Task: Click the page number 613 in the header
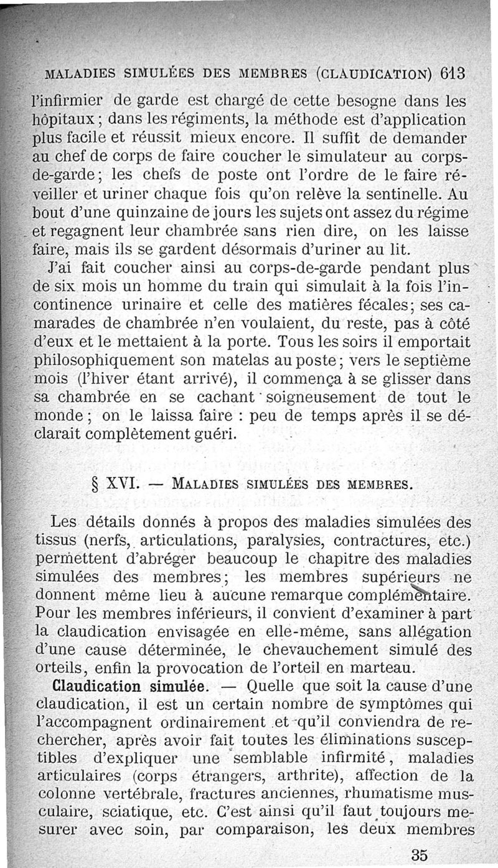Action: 449,73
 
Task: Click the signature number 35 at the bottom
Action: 420,855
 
